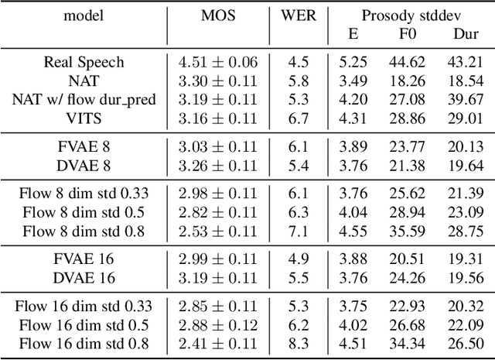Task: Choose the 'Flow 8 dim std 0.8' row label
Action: pos(84,231)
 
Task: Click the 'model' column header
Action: pos(84,15)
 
